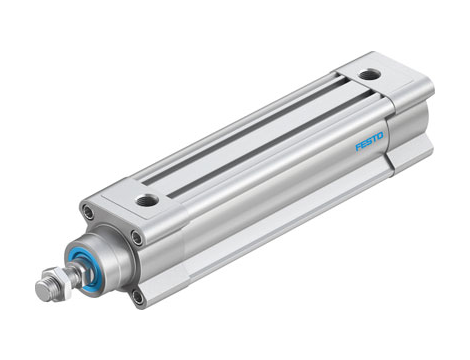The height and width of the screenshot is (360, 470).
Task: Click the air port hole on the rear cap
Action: [x=371, y=75]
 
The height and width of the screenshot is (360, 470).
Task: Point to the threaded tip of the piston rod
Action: [x=43, y=291]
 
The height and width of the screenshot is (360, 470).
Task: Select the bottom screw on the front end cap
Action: [x=138, y=296]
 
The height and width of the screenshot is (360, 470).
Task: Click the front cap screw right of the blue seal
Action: [x=136, y=237]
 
